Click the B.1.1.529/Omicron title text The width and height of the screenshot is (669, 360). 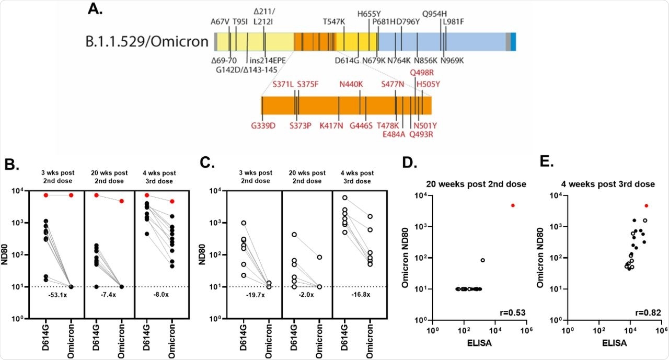click(147, 41)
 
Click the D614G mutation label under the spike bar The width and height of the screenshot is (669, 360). click(347, 61)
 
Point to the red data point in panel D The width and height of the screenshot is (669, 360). click(513, 205)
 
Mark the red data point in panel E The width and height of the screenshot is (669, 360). click(647, 206)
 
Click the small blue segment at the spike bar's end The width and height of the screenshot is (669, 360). click(513, 41)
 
